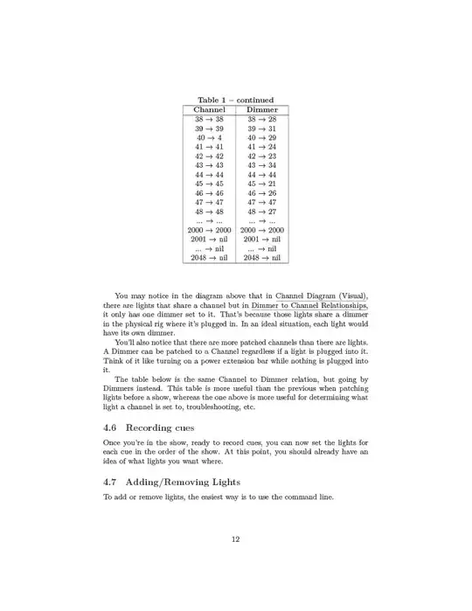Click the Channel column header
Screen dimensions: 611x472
coord(209,110)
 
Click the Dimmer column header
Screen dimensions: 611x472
coord(262,110)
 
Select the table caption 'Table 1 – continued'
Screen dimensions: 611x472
coord(235,100)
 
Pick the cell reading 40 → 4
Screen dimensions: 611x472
coord(209,138)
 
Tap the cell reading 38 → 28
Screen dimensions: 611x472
coord(262,119)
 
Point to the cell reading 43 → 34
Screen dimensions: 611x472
coord(262,165)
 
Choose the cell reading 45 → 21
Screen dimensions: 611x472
coord(262,184)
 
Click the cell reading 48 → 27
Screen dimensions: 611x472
coord(262,212)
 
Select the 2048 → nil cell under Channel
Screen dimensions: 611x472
coord(209,258)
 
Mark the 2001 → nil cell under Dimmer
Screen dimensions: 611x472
coord(262,239)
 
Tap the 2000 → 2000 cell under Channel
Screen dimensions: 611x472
coord(209,230)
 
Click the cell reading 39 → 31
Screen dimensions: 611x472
coord(262,128)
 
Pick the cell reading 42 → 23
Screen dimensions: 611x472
coord(262,156)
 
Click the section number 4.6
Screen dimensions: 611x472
coord(111,427)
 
